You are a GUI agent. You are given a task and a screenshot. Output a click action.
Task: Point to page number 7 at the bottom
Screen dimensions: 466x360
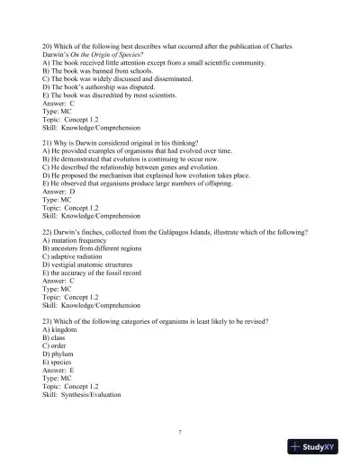tap(180, 433)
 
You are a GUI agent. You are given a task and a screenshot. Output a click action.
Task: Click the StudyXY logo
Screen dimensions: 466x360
tap(319, 447)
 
